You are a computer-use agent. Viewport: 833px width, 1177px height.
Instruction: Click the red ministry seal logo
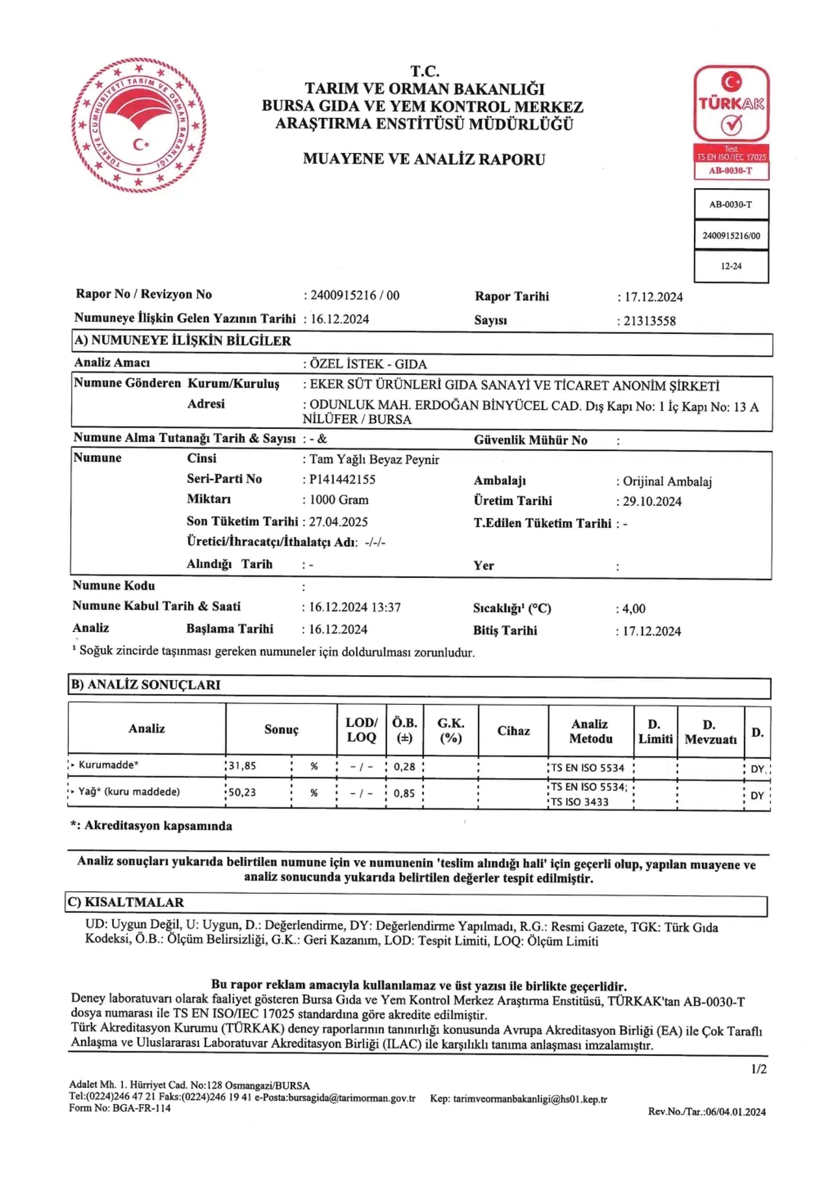pos(138,124)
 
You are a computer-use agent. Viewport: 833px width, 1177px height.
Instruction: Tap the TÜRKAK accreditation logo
pos(731,122)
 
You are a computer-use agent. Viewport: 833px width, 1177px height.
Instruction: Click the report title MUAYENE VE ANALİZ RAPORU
pos(424,159)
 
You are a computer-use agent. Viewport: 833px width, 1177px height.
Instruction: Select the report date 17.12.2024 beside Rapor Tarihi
pos(653,297)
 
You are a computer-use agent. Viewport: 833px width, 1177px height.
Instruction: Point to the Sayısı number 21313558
pos(649,321)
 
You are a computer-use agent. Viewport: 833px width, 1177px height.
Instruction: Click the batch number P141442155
pos(342,479)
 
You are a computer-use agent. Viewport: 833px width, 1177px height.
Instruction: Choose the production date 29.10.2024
pos(652,501)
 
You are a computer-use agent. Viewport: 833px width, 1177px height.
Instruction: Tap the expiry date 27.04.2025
pos(338,521)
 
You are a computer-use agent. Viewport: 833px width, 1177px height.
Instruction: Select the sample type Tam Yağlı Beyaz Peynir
pos(374,460)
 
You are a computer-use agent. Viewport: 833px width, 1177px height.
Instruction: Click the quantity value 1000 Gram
pos(338,500)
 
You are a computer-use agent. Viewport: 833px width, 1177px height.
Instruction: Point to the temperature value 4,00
pos(634,609)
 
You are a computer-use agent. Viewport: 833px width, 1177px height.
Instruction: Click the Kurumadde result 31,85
pos(242,766)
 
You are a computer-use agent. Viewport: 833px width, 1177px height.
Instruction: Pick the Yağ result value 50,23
pos(242,792)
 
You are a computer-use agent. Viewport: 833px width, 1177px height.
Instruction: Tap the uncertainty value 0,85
pos(404,793)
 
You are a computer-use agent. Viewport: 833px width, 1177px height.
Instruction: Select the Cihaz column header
pos(513,730)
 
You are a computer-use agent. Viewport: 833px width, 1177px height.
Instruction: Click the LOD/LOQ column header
pos(361,730)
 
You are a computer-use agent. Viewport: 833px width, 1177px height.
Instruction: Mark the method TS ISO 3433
pos(580,802)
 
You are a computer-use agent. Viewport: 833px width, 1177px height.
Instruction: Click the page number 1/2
pos(759,1069)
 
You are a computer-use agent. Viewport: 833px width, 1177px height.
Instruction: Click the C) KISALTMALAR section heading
pos(126,902)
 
